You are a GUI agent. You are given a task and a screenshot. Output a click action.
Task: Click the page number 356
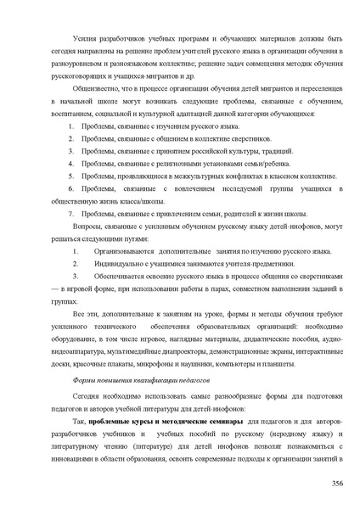coord(336,483)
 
